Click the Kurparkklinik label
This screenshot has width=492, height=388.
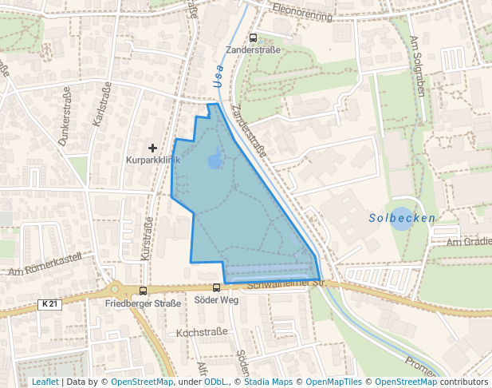pyautogui.click(x=153, y=160)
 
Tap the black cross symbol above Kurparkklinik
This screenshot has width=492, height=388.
pyautogui.click(x=152, y=148)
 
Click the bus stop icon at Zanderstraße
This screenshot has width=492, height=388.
pyautogui.click(x=253, y=38)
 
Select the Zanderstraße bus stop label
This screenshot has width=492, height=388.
pyautogui.click(x=253, y=49)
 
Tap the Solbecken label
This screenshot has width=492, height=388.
pyautogui.click(x=403, y=218)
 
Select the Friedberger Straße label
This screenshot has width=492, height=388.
pyautogui.click(x=144, y=303)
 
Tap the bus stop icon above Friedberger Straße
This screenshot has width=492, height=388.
pyautogui.click(x=143, y=291)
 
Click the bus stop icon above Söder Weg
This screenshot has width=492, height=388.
pyautogui.click(x=216, y=287)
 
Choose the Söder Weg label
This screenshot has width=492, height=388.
pyautogui.click(x=216, y=299)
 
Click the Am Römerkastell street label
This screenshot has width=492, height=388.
pyautogui.click(x=49, y=267)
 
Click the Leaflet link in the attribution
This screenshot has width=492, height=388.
pyautogui.click(x=45, y=382)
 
